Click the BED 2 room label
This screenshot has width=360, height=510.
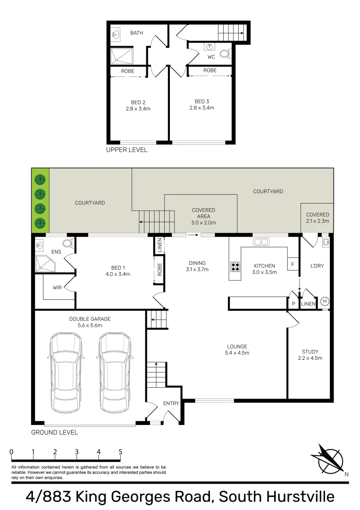(138, 105)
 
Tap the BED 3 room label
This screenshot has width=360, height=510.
(202, 104)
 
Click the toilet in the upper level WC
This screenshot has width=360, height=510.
(226, 53)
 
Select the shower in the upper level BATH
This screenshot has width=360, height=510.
(122, 56)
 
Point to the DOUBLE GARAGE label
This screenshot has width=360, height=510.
(90, 322)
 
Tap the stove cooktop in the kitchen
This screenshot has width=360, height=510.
(235, 267)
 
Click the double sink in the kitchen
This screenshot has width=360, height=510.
(261, 242)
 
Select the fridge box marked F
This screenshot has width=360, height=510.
(293, 264)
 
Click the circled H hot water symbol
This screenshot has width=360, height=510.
(325, 301)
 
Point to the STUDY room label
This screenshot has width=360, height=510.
(310, 355)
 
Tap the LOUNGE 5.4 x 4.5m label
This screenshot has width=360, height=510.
(237, 349)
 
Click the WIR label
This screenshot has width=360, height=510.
(57, 288)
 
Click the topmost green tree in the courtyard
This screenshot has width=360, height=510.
(40, 179)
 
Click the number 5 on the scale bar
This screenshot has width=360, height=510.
(120, 452)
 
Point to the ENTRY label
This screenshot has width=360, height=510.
(171, 403)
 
